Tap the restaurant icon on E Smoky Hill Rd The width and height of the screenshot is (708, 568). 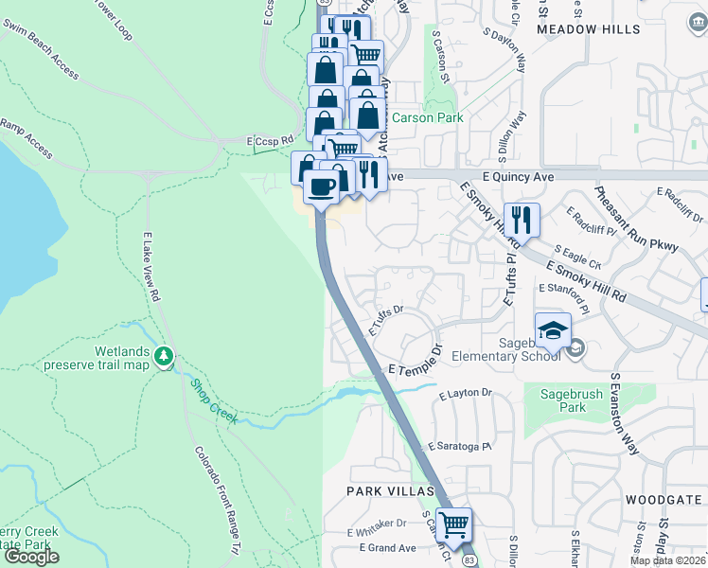click(522, 221)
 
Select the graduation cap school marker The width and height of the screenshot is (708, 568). click(553, 330)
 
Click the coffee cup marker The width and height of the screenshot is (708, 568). click(321, 187)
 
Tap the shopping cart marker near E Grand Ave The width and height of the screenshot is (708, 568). click(454, 524)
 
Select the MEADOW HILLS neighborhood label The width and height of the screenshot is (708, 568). click(588, 29)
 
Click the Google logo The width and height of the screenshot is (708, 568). click(30, 556)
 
